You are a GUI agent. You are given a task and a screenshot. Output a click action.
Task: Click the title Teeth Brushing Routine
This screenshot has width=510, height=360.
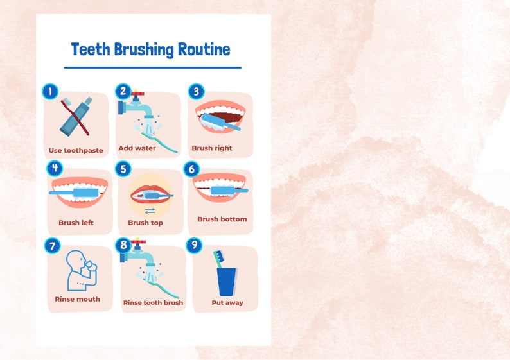150,49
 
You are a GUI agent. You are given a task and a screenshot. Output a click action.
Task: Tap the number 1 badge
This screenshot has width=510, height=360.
50,92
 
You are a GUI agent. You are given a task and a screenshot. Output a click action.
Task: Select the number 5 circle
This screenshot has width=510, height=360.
124,169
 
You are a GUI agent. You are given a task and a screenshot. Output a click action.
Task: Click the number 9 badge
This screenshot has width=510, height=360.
194,246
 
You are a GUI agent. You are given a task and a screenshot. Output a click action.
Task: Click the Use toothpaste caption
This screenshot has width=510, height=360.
76,151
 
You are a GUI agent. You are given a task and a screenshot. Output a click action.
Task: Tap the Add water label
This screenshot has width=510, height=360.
137,148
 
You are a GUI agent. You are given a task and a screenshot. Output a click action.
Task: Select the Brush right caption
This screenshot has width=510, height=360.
212,148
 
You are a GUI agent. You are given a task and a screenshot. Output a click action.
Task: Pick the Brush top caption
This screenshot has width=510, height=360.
145,223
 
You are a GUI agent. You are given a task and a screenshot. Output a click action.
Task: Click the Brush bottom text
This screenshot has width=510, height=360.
222,219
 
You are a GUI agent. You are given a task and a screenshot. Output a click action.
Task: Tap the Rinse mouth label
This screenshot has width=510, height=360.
77,299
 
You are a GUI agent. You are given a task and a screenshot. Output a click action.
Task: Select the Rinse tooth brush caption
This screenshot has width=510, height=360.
153,302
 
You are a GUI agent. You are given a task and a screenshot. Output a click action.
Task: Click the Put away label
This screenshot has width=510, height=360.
227,302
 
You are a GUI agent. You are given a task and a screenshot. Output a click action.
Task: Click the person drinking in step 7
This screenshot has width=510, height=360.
78,270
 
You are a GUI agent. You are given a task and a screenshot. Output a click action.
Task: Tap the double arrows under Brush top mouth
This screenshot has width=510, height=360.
150,210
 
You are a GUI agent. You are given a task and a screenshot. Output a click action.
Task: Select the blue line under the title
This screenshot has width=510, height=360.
152,67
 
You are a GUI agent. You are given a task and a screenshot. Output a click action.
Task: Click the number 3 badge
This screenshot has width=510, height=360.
196,92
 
